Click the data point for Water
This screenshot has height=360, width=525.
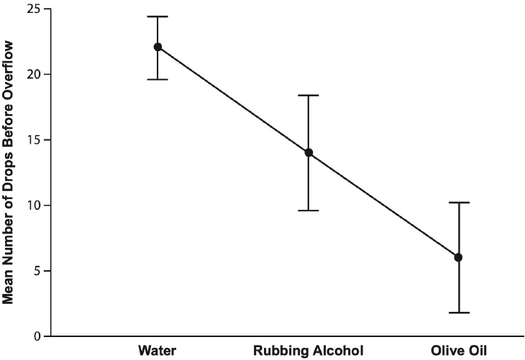(157, 47)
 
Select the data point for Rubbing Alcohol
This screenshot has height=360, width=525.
(309, 152)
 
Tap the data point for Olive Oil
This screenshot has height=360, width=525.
(459, 257)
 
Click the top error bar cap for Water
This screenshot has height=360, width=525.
(157, 17)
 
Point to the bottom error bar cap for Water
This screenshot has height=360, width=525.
(157, 79)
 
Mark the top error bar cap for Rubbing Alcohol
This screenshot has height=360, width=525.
(309, 95)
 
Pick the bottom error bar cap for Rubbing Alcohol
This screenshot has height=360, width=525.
(309, 211)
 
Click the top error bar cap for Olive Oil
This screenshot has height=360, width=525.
(459, 203)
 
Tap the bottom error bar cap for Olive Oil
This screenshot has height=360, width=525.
(459, 313)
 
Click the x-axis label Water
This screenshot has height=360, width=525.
(157, 351)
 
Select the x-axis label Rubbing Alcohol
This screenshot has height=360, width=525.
(309, 351)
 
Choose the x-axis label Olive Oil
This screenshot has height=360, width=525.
(459, 351)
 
